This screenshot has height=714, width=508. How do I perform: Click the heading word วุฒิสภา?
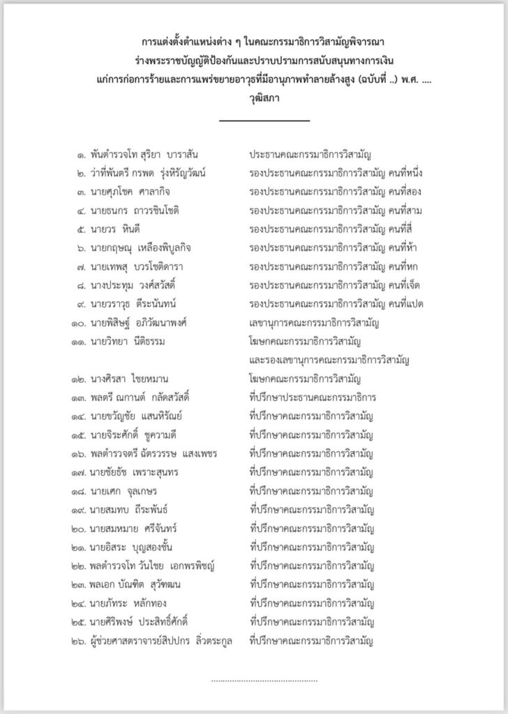point(264,99)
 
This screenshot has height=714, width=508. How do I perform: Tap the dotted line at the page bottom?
point(264,680)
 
